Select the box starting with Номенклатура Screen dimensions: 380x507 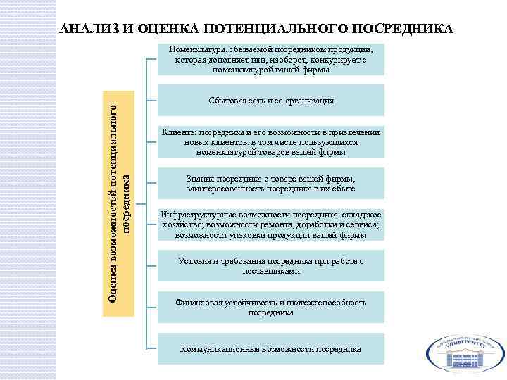point(270,60)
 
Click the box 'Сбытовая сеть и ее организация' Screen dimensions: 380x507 point(270,101)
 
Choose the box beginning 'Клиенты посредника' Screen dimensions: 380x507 point(270,141)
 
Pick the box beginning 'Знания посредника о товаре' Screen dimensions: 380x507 point(270,183)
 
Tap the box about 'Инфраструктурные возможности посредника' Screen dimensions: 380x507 point(270,224)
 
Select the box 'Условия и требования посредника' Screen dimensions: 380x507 point(270,265)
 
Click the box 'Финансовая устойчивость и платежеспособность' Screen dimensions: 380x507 point(270,307)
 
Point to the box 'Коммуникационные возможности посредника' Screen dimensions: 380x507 point(270,348)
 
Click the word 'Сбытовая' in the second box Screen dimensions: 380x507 point(225,101)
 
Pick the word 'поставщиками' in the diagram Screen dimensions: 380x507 point(271,270)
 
